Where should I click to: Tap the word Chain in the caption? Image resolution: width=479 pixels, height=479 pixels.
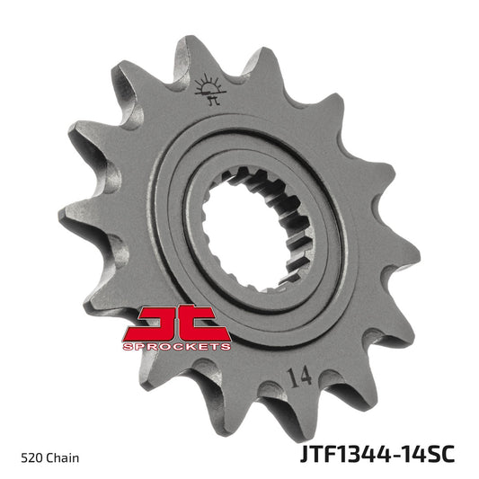[62, 458]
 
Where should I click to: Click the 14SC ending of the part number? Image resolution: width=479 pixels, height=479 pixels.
[430, 456]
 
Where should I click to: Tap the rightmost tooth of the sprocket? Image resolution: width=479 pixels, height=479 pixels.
[409, 261]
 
